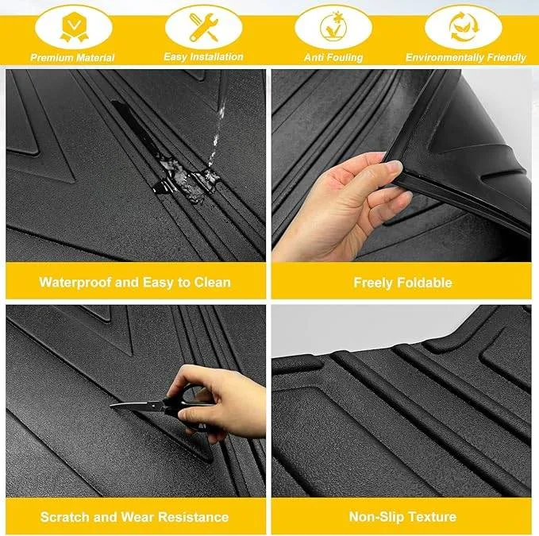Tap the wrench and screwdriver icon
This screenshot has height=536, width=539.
point(202,26)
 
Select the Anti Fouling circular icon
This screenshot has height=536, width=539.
point(333,26)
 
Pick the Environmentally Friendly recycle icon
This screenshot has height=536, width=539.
point(463,26)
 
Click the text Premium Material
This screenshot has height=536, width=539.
point(73,57)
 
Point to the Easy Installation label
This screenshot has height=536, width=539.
point(202,57)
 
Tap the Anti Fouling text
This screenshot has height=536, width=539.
point(333,57)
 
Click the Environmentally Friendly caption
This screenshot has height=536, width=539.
point(466,57)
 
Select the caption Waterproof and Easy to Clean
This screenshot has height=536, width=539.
point(135,282)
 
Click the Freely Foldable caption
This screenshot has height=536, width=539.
point(402,282)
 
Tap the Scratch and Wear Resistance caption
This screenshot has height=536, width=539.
point(135,517)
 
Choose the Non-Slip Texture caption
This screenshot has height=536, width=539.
point(402,517)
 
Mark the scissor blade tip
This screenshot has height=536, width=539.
point(114,405)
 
